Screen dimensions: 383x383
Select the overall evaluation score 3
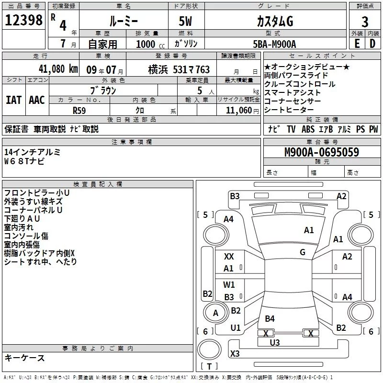click(365, 22)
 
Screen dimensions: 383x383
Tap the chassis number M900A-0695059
click(322, 153)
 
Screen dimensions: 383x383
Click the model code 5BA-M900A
click(274, 44)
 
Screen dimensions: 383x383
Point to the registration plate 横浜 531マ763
click(172, 69)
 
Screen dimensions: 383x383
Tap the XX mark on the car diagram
click(229, 257)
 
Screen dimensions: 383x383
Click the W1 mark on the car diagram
click(229, 285)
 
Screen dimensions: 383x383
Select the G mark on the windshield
click(303, 252)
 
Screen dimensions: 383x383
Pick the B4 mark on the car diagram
click(270, 319)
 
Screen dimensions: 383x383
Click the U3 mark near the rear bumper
click(275, 342)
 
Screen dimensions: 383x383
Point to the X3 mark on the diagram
click(235, 354)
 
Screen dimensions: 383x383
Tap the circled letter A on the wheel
click(215, 313)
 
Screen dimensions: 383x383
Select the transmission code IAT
click(13, 100)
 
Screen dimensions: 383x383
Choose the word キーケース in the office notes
click(24, 358)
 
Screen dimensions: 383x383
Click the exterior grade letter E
click(356, 44)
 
